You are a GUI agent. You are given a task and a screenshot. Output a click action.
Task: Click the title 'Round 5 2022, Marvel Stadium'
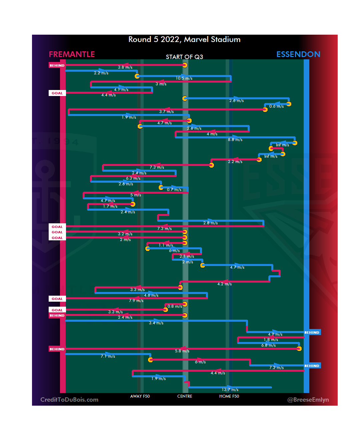pos(184,39)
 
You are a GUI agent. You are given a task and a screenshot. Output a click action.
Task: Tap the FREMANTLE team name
pos(72,54)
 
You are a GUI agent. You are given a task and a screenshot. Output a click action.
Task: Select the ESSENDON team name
pos(298,54)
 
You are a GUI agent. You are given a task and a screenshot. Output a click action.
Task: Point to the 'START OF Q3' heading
pos(184,57)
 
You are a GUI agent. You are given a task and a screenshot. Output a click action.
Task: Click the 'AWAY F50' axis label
pos(140,396)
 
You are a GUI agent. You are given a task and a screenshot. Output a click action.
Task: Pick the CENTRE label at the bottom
pos(185,396)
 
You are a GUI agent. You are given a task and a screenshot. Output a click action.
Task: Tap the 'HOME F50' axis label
pos(229,396)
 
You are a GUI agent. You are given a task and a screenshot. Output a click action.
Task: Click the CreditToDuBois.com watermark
pos(69,400)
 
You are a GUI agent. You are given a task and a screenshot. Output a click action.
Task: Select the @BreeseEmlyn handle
pos(308,400)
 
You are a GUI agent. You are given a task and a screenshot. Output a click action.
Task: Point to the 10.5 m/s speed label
pos(184,78)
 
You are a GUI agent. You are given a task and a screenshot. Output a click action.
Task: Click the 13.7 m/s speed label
pos(230,390)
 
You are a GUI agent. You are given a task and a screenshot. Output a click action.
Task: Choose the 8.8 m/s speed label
pos(235,140)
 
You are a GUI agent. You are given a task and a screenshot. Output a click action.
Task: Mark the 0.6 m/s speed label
pos(276,106)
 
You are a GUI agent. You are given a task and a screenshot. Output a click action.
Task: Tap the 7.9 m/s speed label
pos(136,301)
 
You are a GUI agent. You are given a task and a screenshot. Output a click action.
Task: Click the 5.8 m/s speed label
pos(182,351)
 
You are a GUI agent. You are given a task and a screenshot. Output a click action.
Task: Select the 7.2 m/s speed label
pos(276,368)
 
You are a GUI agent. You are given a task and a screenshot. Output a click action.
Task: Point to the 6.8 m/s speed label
pos(268,345)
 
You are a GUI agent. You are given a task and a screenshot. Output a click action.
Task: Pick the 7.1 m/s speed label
pos(108,356)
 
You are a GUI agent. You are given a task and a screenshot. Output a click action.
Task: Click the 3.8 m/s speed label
pos(125,67)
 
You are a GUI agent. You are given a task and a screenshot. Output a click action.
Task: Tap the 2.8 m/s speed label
pos(210,223)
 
